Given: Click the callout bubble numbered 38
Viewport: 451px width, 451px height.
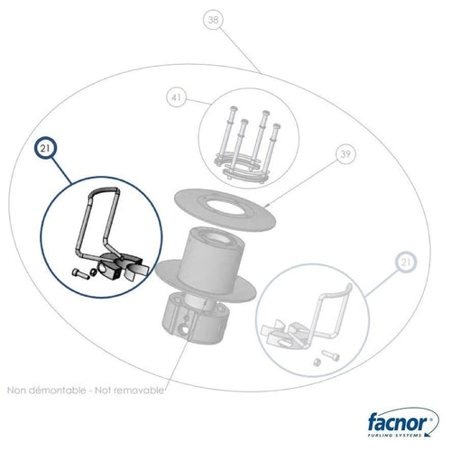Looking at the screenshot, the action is click(213, 20).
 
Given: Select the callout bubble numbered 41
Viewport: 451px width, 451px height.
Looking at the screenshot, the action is click(176, 97).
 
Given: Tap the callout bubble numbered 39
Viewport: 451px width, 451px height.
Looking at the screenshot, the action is click(345, 154).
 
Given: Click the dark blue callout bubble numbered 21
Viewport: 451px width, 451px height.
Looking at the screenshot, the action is click(45, 148).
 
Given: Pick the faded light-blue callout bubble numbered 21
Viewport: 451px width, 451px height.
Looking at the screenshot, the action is click(406, 262).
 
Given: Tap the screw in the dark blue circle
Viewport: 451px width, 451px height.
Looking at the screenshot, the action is click(80, 274).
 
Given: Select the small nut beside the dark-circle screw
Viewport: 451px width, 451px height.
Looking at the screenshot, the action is click(94, 272).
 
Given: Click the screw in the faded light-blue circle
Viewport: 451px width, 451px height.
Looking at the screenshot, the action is click(330, 355).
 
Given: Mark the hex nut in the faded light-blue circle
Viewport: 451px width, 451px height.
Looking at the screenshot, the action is click(317, 362).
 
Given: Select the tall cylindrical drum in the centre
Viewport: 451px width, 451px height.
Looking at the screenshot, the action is click(212, 260).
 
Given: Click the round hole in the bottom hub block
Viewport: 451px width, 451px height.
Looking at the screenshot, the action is click(184, 331).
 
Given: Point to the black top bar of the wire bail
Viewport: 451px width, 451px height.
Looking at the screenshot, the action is click(106, 189).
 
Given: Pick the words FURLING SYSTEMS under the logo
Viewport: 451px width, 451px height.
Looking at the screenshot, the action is click(394, 435).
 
